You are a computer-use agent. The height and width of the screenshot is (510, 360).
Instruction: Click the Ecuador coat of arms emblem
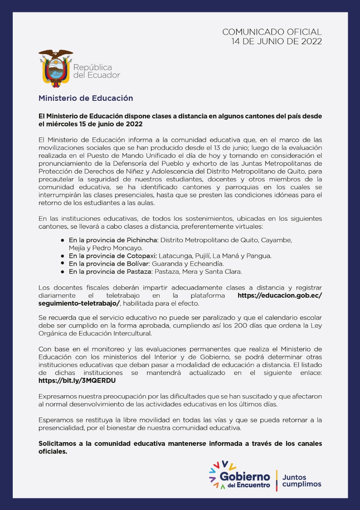[55, 68]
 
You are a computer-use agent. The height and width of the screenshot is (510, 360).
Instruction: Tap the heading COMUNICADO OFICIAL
[272, 32]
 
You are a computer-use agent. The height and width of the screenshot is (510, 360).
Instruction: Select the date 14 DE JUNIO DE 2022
[277, 41]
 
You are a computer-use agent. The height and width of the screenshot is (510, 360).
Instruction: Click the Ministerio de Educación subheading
[86, 98]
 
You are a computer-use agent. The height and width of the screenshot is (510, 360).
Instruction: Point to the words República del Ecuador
[96, 71]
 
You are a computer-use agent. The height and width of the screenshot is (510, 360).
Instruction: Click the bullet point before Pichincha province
[63, 240]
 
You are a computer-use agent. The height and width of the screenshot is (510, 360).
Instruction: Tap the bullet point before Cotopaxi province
[63, 255]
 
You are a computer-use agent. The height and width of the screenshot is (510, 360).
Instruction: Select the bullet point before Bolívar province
[63, 263]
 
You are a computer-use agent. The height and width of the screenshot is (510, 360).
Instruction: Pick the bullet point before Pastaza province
[63, 272]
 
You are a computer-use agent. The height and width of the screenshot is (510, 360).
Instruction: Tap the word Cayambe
[278, 240]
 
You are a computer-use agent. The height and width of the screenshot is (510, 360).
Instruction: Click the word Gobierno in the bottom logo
[245, 477]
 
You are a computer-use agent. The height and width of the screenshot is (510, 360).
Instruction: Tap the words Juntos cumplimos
[301, 481]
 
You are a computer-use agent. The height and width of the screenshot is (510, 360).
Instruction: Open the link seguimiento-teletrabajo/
[79, 303]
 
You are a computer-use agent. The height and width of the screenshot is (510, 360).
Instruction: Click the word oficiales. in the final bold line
[53, 452]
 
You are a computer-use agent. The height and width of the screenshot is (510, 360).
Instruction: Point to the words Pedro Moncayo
[106, 248]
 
